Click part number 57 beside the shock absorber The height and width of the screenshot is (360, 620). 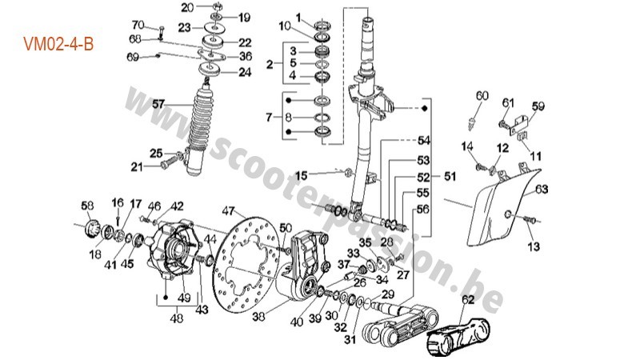pyautogui.click(x=158, y=103)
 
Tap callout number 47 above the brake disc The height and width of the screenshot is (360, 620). pyautogui.click(x=229, y=212)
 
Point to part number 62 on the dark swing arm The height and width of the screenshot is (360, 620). pyautogui.click(x=468, y=302)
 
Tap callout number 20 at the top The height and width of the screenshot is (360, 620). pyautogui.click(x=186, y=7)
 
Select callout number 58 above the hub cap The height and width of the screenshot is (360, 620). pyautogui.click(x=87, y=205)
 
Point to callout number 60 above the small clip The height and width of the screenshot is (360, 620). pyautogui.click(x=481, y=96)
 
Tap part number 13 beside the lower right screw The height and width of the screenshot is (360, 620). pyautogui.click(x=535, y=246)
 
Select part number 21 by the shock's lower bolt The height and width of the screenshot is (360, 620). pyautogui.click(x=138, y=166)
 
